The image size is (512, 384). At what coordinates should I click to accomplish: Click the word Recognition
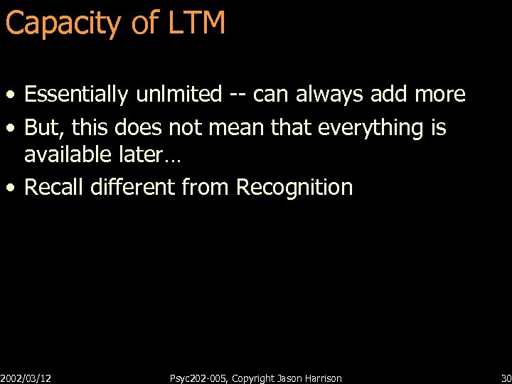pos(294,188)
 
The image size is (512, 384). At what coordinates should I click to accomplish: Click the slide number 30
pos(506,378)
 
